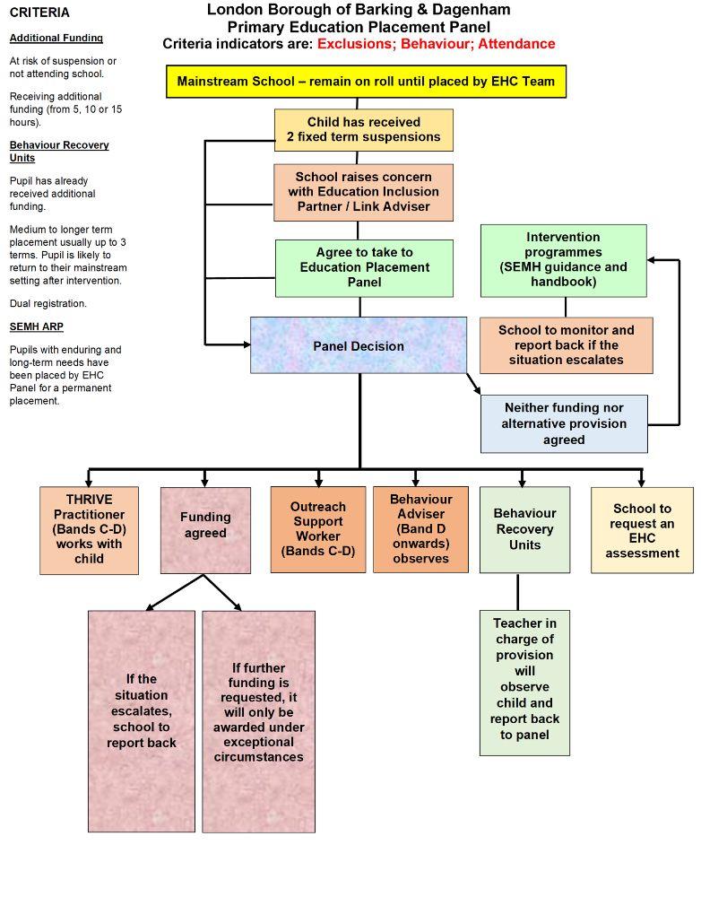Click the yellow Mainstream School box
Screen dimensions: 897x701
coord(366,82)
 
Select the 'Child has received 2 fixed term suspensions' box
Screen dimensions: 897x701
coord(363,130)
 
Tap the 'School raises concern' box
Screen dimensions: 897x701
coord(363,192)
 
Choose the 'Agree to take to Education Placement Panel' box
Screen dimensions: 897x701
coord(364,267)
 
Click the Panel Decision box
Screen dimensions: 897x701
coord(359,345)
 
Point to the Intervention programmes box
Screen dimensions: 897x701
coord(563,260)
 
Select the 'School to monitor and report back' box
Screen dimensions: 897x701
coord(566,344)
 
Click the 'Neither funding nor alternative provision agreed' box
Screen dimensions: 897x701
coord(564,423)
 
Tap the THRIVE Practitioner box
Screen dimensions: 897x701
coord(90,529)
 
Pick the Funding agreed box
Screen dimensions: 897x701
coord(205,529)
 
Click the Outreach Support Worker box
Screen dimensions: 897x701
coord(318,529)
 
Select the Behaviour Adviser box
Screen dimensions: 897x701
coord(420,529)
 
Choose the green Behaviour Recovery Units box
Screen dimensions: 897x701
coord(524,529)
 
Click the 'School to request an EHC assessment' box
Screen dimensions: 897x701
coord(642,529)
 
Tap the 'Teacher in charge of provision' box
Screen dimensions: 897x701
coord(524,682)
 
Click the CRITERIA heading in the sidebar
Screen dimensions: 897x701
coord(39,13)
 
